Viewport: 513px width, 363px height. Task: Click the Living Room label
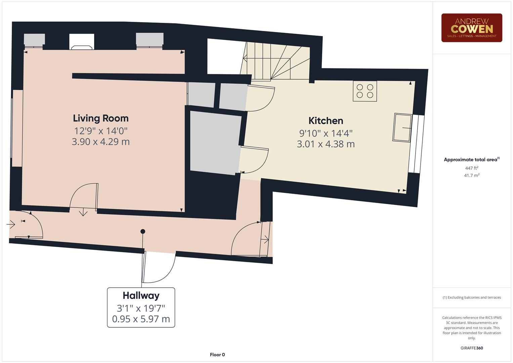101,118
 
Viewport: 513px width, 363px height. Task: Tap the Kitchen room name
326,121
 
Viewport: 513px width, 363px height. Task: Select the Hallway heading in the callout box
141,296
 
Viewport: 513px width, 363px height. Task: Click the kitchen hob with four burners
365,91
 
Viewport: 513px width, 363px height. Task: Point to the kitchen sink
402,128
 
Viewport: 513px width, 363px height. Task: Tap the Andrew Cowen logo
471,28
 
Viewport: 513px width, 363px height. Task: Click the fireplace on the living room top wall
82,42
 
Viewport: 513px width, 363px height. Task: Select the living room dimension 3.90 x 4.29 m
101,142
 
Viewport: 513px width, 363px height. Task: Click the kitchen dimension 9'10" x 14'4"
326,133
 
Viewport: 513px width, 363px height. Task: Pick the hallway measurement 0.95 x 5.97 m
141,319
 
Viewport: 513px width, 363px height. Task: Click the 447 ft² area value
471,168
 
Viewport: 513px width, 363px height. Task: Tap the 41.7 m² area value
471,175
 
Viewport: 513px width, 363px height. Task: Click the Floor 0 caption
217,355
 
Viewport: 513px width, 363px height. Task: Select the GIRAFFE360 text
471,348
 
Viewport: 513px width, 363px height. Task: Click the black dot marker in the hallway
143,231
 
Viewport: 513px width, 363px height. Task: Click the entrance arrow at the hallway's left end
11,224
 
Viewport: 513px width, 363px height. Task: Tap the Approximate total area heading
471,160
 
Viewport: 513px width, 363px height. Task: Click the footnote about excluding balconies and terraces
471,297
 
